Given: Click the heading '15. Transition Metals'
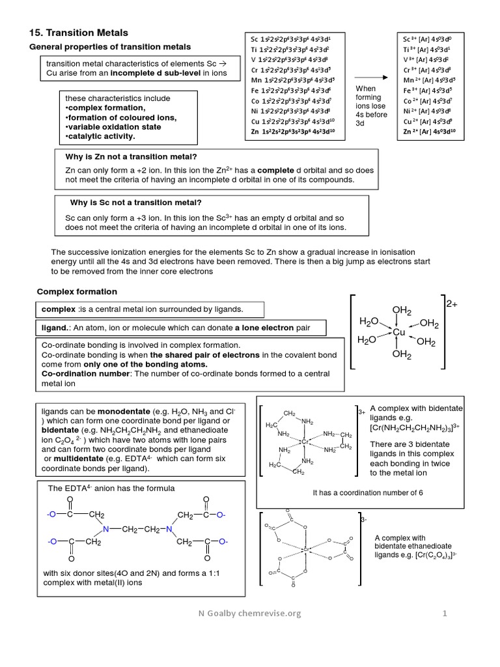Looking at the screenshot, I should [79, 33].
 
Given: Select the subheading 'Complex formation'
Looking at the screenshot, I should [77, 291].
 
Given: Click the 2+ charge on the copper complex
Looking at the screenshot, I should [452, 304].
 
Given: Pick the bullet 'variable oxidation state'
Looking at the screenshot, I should [114, 127].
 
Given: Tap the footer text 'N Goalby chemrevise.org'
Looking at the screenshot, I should [250, 613].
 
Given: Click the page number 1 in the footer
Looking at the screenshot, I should [445, 613].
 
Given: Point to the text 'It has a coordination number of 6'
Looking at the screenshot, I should [368, 492].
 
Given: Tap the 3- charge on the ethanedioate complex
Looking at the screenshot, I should [363, 519].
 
